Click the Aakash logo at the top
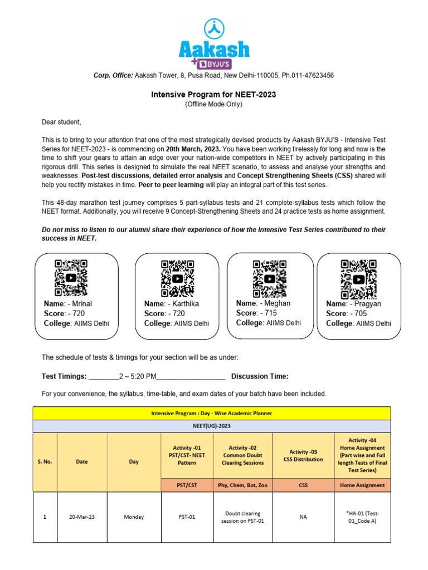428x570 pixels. click(x=214, y=43)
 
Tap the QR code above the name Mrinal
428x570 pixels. click(x=71, y=277)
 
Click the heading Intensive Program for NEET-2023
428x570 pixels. click(x=213, y=95)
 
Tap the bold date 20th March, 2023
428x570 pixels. click(x=193, y=150)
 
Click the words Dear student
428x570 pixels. click(x=61, y=122)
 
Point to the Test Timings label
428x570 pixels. click(x=64, y=376)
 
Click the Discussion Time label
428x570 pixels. click(x=260, y=376)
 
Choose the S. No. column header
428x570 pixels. click(x=45, y=462)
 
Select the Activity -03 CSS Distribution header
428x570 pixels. click(x=303, y=455)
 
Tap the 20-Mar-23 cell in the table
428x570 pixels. click(x=82, y=517)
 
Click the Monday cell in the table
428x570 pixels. click(x=134, y=517)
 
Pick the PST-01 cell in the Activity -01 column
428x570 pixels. click(x=187, y=517)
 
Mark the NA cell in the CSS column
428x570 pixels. click(x=303, y=517)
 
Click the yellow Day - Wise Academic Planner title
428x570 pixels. click(x=212, y=413)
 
